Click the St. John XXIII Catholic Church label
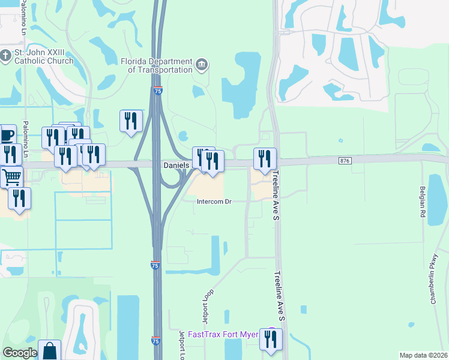click(x=41, y=56)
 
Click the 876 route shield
click(x=345, y=160)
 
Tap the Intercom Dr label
click(x=214, y=202)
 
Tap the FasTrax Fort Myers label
click(x=223, y=334)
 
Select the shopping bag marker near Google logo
click(x=49, y=350)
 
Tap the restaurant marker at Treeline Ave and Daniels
click(x=265, y=159)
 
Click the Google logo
click(x=20, y=353)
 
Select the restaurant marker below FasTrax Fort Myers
click(x=271, y=339)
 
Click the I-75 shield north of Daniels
click(x=158, y=91)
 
